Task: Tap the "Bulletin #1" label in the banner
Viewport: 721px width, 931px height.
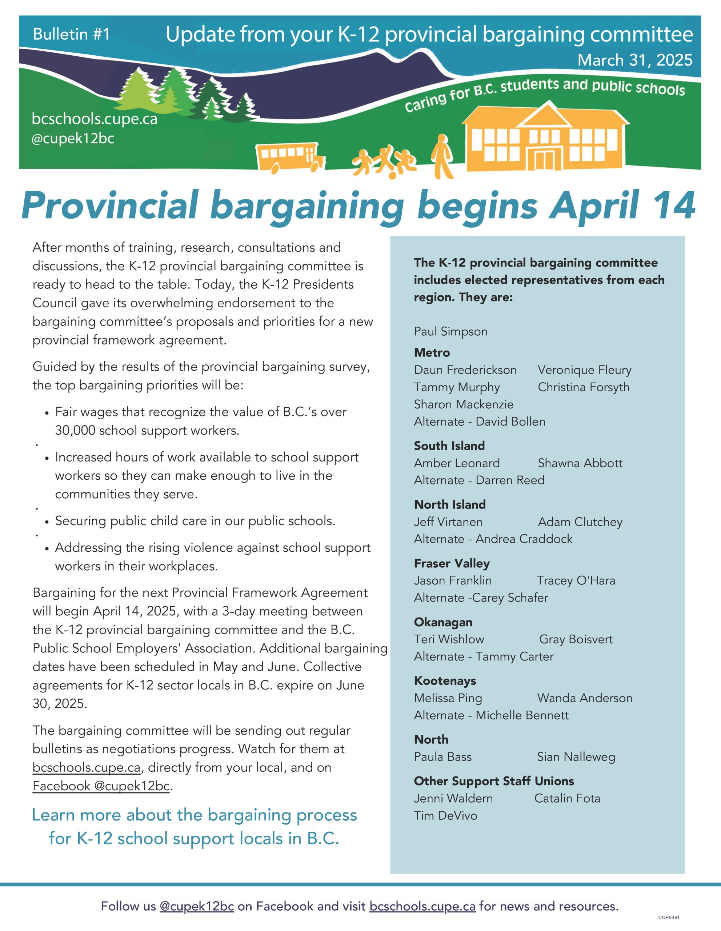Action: click(71, 34)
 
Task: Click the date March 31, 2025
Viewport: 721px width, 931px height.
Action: click(634, 60)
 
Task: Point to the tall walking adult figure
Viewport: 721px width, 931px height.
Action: click(442, 156)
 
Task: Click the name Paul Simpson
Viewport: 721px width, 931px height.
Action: click(450, 331)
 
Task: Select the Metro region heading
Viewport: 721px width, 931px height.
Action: click(432, 352)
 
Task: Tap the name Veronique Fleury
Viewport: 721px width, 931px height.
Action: click(584, 370)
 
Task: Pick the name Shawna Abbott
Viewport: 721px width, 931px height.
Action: click(580, 463)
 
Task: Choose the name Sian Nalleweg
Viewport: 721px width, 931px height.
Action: click(576, 757)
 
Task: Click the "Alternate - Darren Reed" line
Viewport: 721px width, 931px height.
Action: click(479, 480)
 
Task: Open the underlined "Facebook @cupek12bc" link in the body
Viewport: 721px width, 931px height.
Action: click(101, 786)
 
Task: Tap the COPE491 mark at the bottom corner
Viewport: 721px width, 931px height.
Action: click(668, 917)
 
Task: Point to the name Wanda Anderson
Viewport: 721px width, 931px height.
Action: click(584, 698)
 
